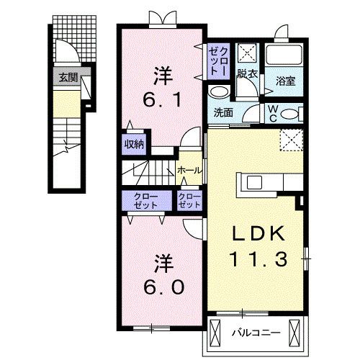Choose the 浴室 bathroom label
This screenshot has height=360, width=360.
coord(287,82)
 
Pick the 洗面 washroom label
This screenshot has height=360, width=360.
coord(222,112)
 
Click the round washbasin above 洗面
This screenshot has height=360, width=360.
coord(218,92)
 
